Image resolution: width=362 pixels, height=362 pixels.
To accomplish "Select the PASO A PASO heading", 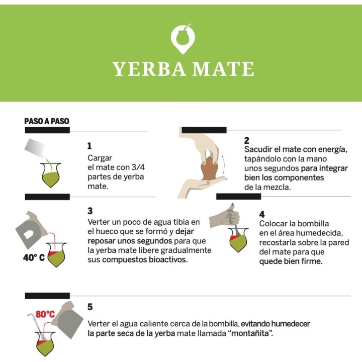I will pos(47,121).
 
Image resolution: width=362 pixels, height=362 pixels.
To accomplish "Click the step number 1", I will pos(90,146).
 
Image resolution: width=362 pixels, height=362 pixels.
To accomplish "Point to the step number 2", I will pos(247,140).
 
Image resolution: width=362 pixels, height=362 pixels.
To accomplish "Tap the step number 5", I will pos(90,307).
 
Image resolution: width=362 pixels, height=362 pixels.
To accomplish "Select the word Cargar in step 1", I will pos(100,157).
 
